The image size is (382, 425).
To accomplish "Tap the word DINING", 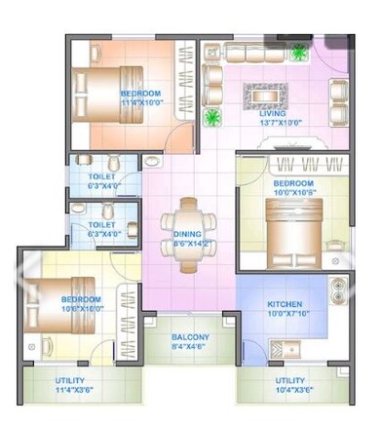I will pyautogui.click(x=187, y=235).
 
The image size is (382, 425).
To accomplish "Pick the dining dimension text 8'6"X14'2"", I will pyautogui.click(x=187, y=245).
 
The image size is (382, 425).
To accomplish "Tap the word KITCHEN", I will pyautogui.click(x=286, y=304).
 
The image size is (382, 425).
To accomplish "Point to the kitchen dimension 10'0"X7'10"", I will pyautogui.click(x=286, y=314).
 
